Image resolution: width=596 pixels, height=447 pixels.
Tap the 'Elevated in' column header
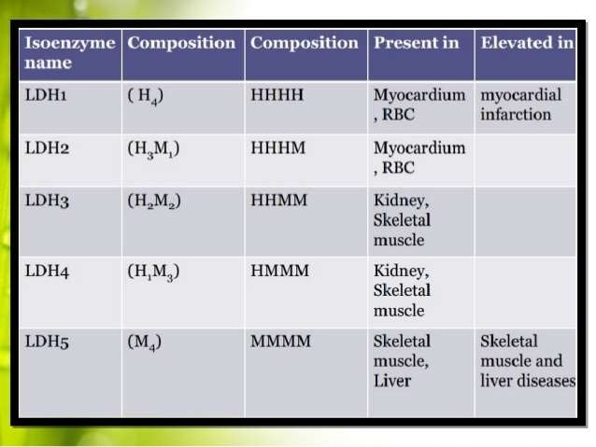click(526, 43)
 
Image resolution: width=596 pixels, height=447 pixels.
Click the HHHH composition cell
click(277, 95)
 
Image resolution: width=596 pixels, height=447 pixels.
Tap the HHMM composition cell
click(278, 202)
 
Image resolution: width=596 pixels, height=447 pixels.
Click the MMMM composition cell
click(281, 342)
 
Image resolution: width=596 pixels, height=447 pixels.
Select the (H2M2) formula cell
click(154, 203)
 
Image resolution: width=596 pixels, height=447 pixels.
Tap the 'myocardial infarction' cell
click(518, 105)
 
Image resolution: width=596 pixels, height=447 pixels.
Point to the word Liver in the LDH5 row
click(392, 381)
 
